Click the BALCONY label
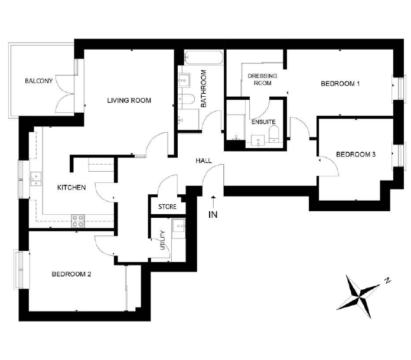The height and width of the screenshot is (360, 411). pos(39,81)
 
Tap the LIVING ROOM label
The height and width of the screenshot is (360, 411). pos(129,100)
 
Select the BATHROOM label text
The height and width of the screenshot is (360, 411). pos(203,89)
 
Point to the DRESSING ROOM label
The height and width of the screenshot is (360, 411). pos(262,80)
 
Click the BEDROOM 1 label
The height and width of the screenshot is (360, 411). pos(340,84)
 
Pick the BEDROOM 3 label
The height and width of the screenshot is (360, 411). pos(355,155)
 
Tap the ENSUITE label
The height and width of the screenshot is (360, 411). pos(263,122)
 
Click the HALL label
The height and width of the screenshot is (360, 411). pos(204,161)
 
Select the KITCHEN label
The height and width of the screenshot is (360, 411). pos(71,188)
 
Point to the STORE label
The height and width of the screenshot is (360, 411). pos(167,207)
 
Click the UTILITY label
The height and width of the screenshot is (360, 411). pos(162,240)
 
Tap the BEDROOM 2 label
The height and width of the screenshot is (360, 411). pos(71,274)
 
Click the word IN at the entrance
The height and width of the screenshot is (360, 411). pos(213,215)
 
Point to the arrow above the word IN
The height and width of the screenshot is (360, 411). pos(214,201)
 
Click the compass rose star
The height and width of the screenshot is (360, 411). pos(358,297)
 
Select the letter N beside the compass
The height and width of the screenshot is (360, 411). pos(387,280)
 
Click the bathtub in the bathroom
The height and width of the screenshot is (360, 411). pos(204,57)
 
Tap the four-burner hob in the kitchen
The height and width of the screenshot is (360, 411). pos(78,221)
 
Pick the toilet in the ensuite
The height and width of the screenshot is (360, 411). pos(274,134)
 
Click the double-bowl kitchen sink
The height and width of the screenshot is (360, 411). pos(36,179)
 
